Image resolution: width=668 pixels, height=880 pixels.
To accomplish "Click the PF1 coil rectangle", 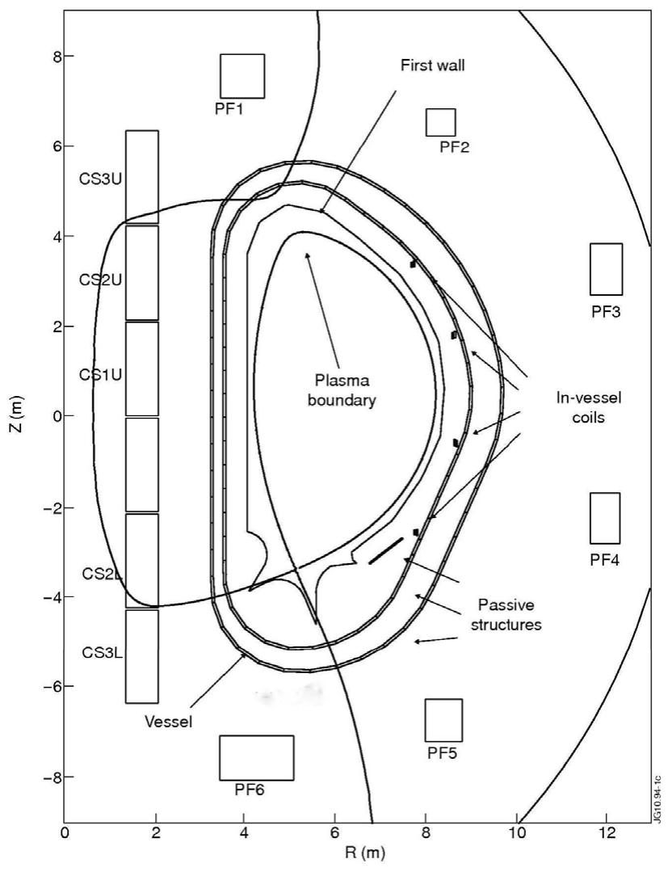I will [242, 76].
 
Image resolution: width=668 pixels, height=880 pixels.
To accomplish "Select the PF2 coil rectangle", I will [441, 122].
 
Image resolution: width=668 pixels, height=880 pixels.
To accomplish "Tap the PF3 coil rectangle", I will [606, 269].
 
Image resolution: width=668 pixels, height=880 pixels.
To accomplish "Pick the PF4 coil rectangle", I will [605, 518].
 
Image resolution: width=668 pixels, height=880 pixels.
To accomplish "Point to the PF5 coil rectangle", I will [443, 720].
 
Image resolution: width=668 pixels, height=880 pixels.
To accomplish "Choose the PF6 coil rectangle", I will [256, 757].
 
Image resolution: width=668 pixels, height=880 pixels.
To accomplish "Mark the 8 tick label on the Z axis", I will [48, 57].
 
